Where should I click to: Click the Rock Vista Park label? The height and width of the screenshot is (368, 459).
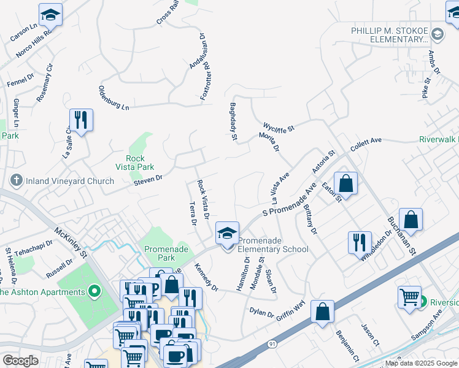pos(134,162)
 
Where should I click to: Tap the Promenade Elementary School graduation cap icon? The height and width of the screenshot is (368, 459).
pos(227,233)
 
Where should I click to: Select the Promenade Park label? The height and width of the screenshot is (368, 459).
pos(160,253)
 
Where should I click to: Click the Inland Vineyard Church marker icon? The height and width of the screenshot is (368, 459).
pos(16,181)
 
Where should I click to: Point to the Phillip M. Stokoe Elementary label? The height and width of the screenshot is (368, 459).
pos(389,34)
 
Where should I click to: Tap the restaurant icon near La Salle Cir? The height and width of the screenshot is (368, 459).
pos(80,120)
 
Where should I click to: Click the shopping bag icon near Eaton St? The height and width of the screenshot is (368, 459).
pos(346,183)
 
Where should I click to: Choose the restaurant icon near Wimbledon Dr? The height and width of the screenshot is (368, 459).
pos(360,242)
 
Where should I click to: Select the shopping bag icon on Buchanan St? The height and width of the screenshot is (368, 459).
pos(411,220)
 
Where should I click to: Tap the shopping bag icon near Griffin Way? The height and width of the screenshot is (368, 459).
pos(322,312)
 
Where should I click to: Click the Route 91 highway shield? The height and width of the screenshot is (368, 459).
pos(271,345)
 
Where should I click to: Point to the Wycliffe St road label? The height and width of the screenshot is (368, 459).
pos(279,126)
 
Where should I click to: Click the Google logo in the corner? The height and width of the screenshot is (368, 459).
pos(20,361)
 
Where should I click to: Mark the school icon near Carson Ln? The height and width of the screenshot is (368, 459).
pos(50,15)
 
